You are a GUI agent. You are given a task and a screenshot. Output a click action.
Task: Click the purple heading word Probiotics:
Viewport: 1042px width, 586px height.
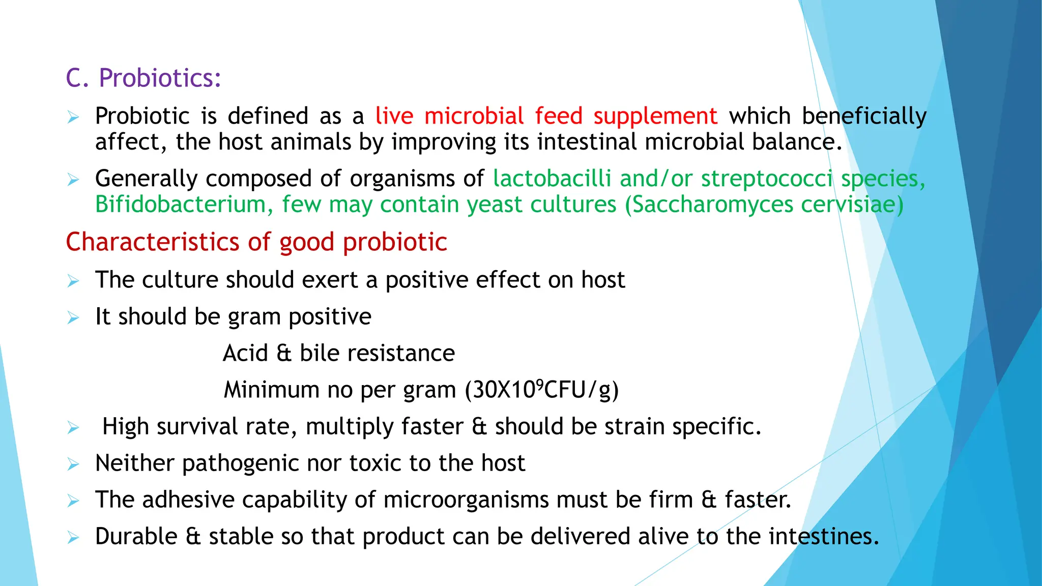160,78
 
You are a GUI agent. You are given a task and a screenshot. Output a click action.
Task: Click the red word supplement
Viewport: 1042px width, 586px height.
655,116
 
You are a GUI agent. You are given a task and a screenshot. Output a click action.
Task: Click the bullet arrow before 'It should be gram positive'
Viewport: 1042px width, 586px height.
73,318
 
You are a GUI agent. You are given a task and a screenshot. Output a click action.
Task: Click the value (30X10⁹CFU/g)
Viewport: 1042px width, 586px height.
541,390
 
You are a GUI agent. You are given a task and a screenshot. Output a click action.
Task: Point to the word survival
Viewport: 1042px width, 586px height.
197,426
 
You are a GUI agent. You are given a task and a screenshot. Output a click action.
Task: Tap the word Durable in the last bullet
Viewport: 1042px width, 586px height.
136,536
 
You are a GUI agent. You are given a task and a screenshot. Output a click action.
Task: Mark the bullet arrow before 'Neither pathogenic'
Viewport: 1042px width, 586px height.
73,464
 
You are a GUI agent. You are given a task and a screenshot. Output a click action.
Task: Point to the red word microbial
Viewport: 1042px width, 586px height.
474,116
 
